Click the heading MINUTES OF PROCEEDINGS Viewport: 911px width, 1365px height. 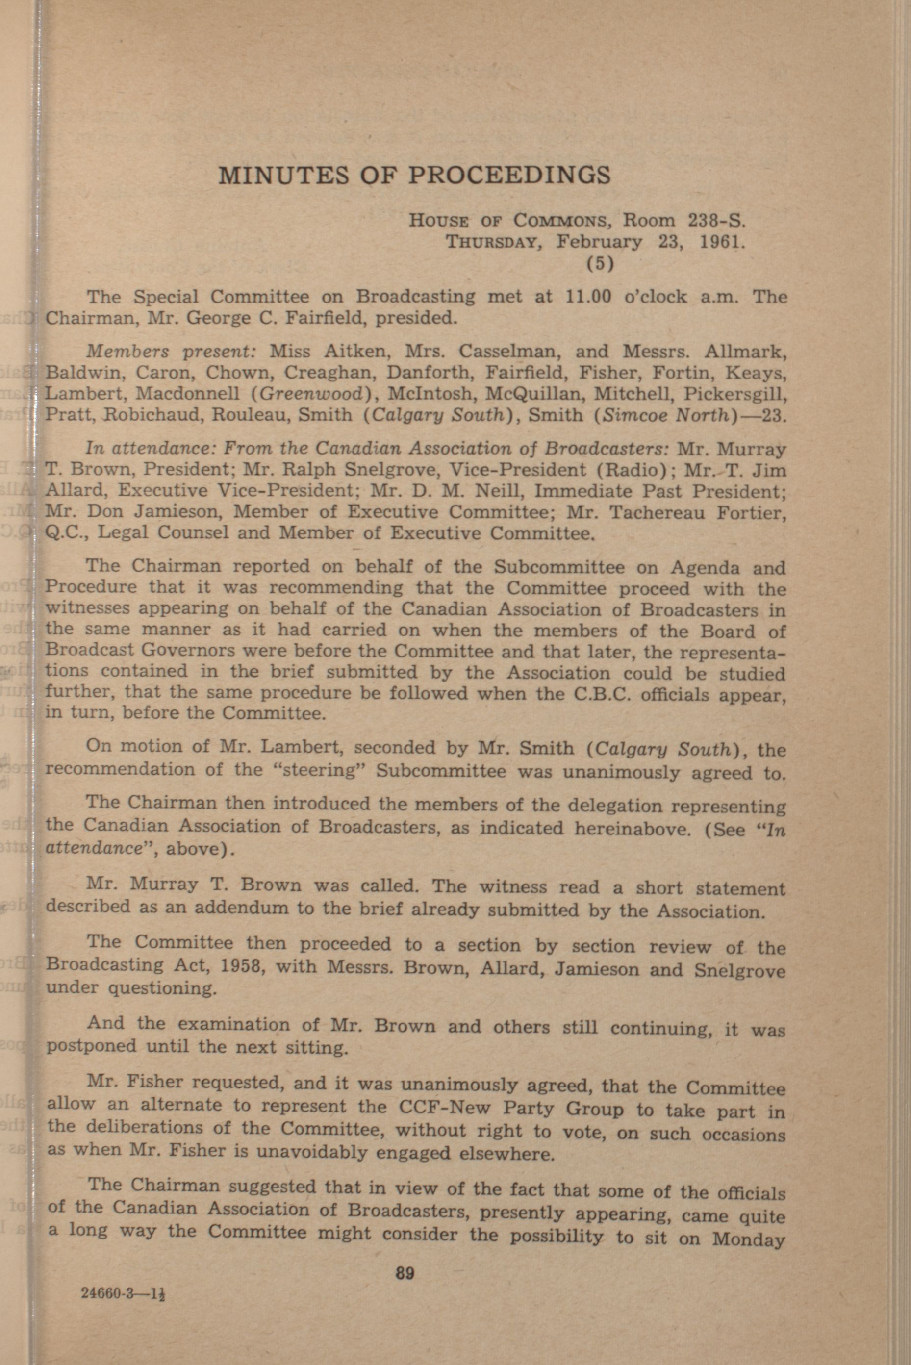(414, 175)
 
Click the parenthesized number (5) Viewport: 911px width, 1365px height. (600, 264)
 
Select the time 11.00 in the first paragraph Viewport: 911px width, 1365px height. (588, 297)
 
